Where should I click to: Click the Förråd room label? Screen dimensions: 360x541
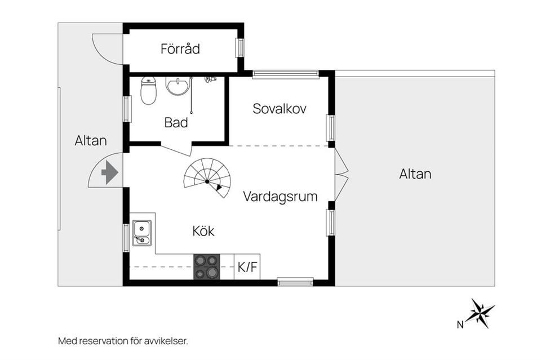[180, 49]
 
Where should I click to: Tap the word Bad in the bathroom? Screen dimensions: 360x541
[176, 122]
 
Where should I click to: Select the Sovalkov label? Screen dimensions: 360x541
[279, 109]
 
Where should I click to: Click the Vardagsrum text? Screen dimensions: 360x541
[280, 197]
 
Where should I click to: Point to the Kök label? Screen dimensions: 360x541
[203, 231]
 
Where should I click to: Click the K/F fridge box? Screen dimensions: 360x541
[247, 267]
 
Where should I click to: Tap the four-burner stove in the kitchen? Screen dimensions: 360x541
[206, 267]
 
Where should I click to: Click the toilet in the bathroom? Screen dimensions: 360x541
[148, 91]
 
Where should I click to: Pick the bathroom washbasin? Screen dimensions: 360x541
[178, 86]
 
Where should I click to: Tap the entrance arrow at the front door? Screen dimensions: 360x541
[109, 172]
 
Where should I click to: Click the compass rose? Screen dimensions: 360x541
[480, 313]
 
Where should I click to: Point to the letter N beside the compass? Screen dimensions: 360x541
[460, 324]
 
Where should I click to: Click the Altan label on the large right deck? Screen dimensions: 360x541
[415, 174]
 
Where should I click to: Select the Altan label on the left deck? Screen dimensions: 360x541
[91, 141]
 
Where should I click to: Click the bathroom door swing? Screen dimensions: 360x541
[177, 150]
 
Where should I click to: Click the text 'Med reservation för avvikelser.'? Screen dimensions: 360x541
[122, 341]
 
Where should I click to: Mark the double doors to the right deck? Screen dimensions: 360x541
[340, 175]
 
